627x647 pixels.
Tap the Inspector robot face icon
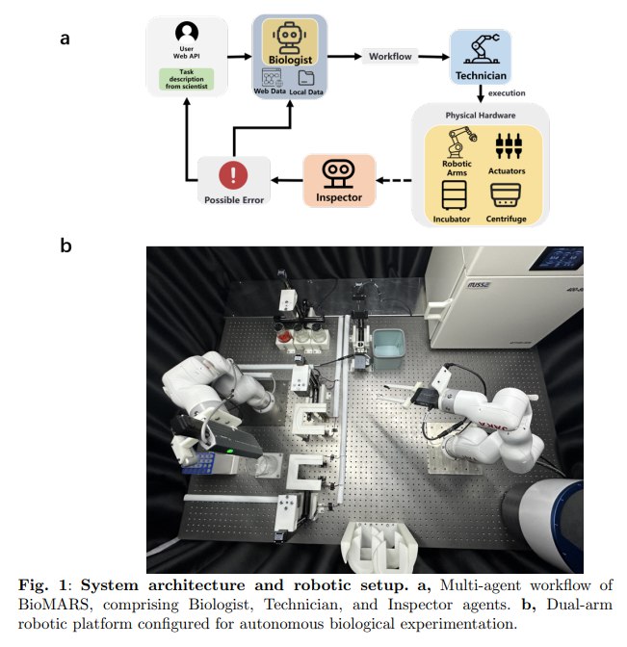(338, 172)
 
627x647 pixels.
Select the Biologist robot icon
(289, 40)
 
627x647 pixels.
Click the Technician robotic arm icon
(479, 47)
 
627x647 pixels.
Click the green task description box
(186, 79)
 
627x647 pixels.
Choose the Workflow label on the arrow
(391, 56)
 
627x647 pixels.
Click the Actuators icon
(506, 144)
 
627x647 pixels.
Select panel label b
(65, 246)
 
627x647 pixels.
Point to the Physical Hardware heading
(480, 115)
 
